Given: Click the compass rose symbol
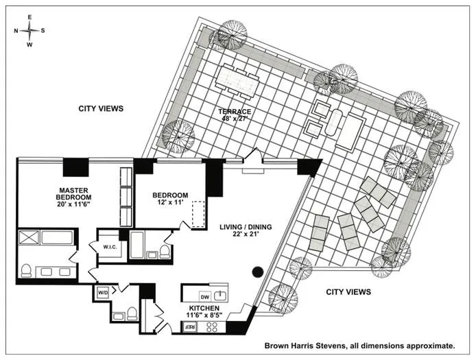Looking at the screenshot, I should click(x=29, y=31).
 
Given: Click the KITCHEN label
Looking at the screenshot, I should click(x=204, y=309).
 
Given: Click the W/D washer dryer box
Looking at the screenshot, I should click(x=103, y=293).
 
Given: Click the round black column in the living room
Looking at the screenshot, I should click(x=257, y=272).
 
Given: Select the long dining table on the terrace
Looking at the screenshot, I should click(x=237, y=82).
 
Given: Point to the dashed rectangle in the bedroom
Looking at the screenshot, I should click(x=200, y=214).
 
